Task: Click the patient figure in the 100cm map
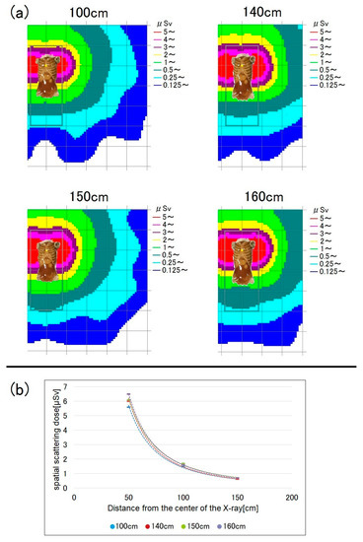pos(48,78)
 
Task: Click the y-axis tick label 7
pos(65,386)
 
